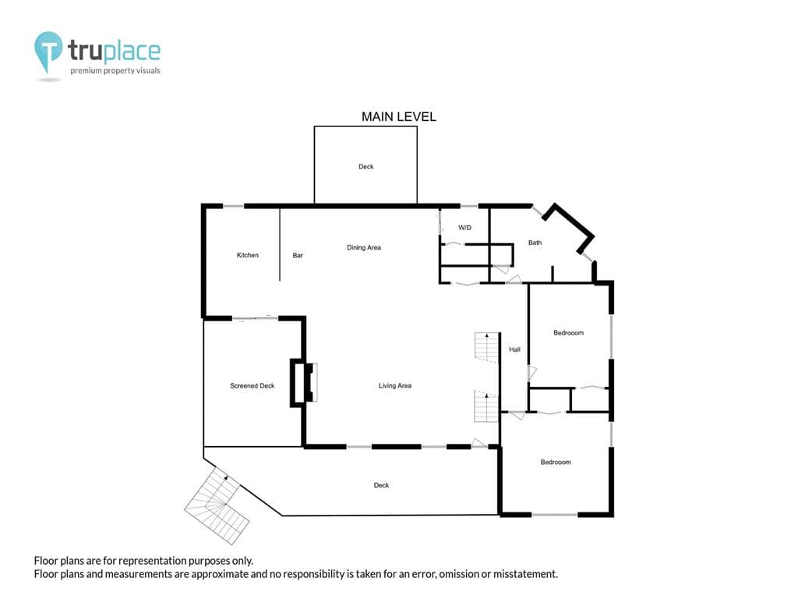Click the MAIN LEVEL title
(x=398, y=117)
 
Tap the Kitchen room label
(x=247, y=255)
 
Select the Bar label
(x=298, y=256)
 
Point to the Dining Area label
(x=364, y=247)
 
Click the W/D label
(x=464, y=228)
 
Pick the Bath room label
(x=535, y=243)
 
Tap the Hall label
(x=514, y=349)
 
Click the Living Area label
(x=395, y=385)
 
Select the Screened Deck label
(x=252, y=386)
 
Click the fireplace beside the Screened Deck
(x=304, y=382)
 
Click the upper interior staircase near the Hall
(x=486, y=347)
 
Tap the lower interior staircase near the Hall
(x=486, y=406)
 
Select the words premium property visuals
(x=115, y=71)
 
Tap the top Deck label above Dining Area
(x=366, y=167)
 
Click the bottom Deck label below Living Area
(x=381, y=485)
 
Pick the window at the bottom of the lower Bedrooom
(x=555, y=515)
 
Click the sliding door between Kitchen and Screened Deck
(x=256, y=318)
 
